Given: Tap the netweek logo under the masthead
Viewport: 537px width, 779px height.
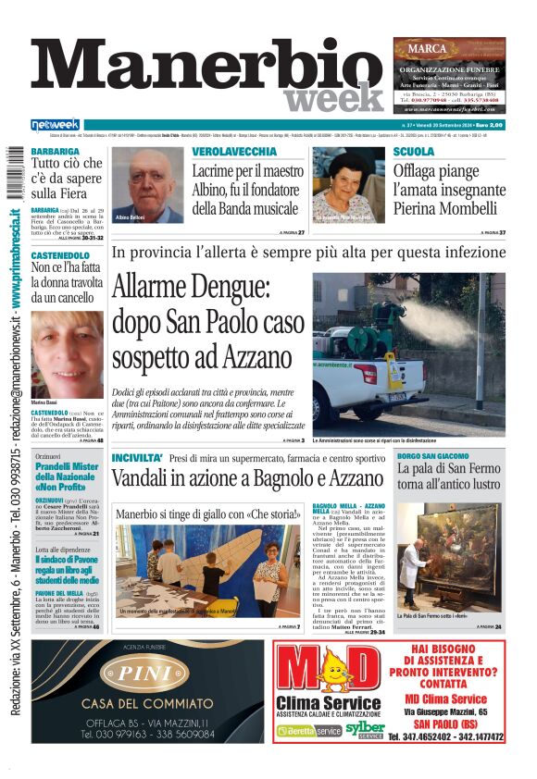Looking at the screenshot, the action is [56, 125].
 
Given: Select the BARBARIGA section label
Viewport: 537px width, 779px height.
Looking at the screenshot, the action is [55, 151].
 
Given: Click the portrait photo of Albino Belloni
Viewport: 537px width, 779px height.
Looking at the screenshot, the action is [147, 185].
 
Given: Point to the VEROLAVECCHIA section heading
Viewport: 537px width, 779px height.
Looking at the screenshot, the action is [234, 151].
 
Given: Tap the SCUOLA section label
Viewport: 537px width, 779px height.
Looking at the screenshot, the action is [414, 151].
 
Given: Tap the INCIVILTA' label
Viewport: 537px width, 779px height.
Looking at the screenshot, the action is [137, 458].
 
